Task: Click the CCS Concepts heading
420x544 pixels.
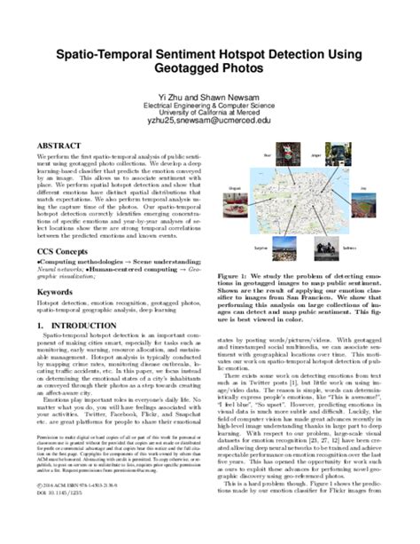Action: click(x=65, y=251)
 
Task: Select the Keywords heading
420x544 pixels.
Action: click(x=55, y=290)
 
